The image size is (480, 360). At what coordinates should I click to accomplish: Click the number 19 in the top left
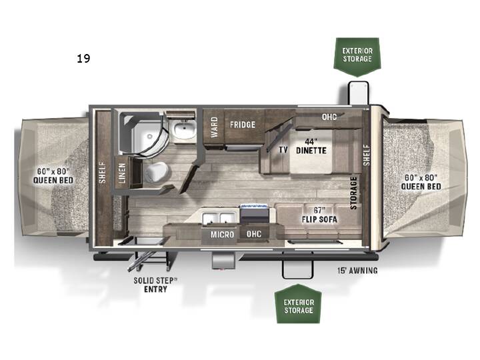click(83, 58)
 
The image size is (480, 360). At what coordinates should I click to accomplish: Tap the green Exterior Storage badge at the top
click(357, 56)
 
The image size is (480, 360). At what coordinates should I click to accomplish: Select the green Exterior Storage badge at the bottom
click(299, 304)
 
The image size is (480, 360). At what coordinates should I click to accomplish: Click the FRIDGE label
click(243, 125)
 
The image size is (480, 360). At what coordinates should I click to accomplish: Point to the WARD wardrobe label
click(214, 127)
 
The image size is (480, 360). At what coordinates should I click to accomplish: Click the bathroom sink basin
click(185, 130)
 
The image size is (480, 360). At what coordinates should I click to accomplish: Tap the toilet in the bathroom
click(157, 172)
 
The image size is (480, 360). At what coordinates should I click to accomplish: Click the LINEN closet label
click(122, 173)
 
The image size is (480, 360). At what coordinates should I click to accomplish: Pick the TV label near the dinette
click(283, 150)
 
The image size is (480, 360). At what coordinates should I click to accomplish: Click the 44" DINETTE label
click(311, 146)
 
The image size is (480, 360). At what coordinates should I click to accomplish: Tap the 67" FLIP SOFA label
click(319, 215)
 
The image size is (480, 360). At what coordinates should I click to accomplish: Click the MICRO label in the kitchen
click(222, 235)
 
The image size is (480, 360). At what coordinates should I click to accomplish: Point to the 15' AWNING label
click(357, 271)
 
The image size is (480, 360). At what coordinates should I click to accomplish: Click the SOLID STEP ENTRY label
click(155, 285)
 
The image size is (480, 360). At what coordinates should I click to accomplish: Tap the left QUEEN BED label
click(53, 176)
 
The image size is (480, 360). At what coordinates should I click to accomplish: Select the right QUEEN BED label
click(421, 182)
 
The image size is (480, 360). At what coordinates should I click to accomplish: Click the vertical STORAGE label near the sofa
click(353, 193)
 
